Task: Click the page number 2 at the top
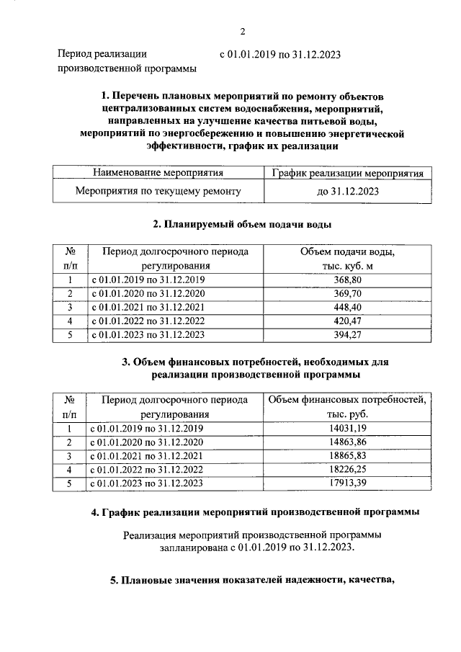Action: pos(243,31)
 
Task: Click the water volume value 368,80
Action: pos(348,280)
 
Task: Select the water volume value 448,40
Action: pos(348,307)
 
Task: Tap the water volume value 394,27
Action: pos(348,335)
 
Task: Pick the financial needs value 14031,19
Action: pos(348,429)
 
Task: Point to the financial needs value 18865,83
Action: pos(348,456)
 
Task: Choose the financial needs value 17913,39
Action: pos(348,483)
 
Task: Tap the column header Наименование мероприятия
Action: pos(158,173)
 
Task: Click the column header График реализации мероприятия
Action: pos(348,173)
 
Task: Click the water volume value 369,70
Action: pos(348,293)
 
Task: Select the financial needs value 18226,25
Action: pos(348,470)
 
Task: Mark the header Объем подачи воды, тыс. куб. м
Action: pos(348,259)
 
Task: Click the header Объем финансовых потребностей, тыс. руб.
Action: pos(348,407)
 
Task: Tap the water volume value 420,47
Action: pos(348,321)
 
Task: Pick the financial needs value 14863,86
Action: pos(348,442)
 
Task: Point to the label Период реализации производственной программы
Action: pos(126,61)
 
